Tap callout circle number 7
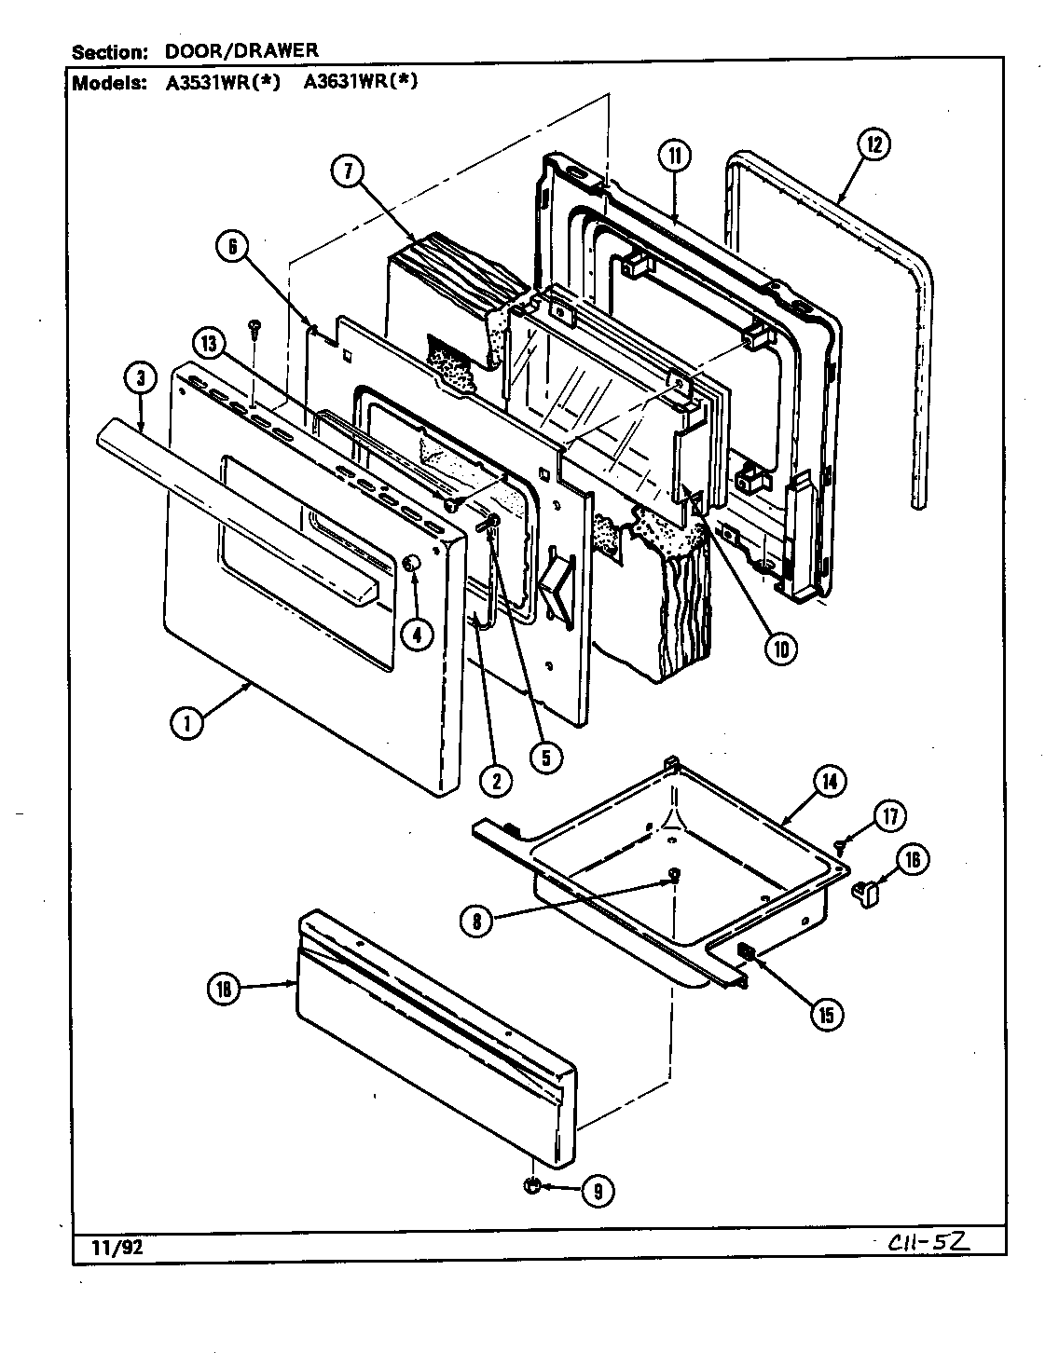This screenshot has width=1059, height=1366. coord(348,172)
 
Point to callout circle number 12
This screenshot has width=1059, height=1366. coord(873,144)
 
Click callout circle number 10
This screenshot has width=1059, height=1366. coord(779,649)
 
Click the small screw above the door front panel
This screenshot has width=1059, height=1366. coord(253,326)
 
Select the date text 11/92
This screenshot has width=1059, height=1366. coord(117,1247)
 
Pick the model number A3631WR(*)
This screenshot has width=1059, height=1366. coord(361,82)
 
